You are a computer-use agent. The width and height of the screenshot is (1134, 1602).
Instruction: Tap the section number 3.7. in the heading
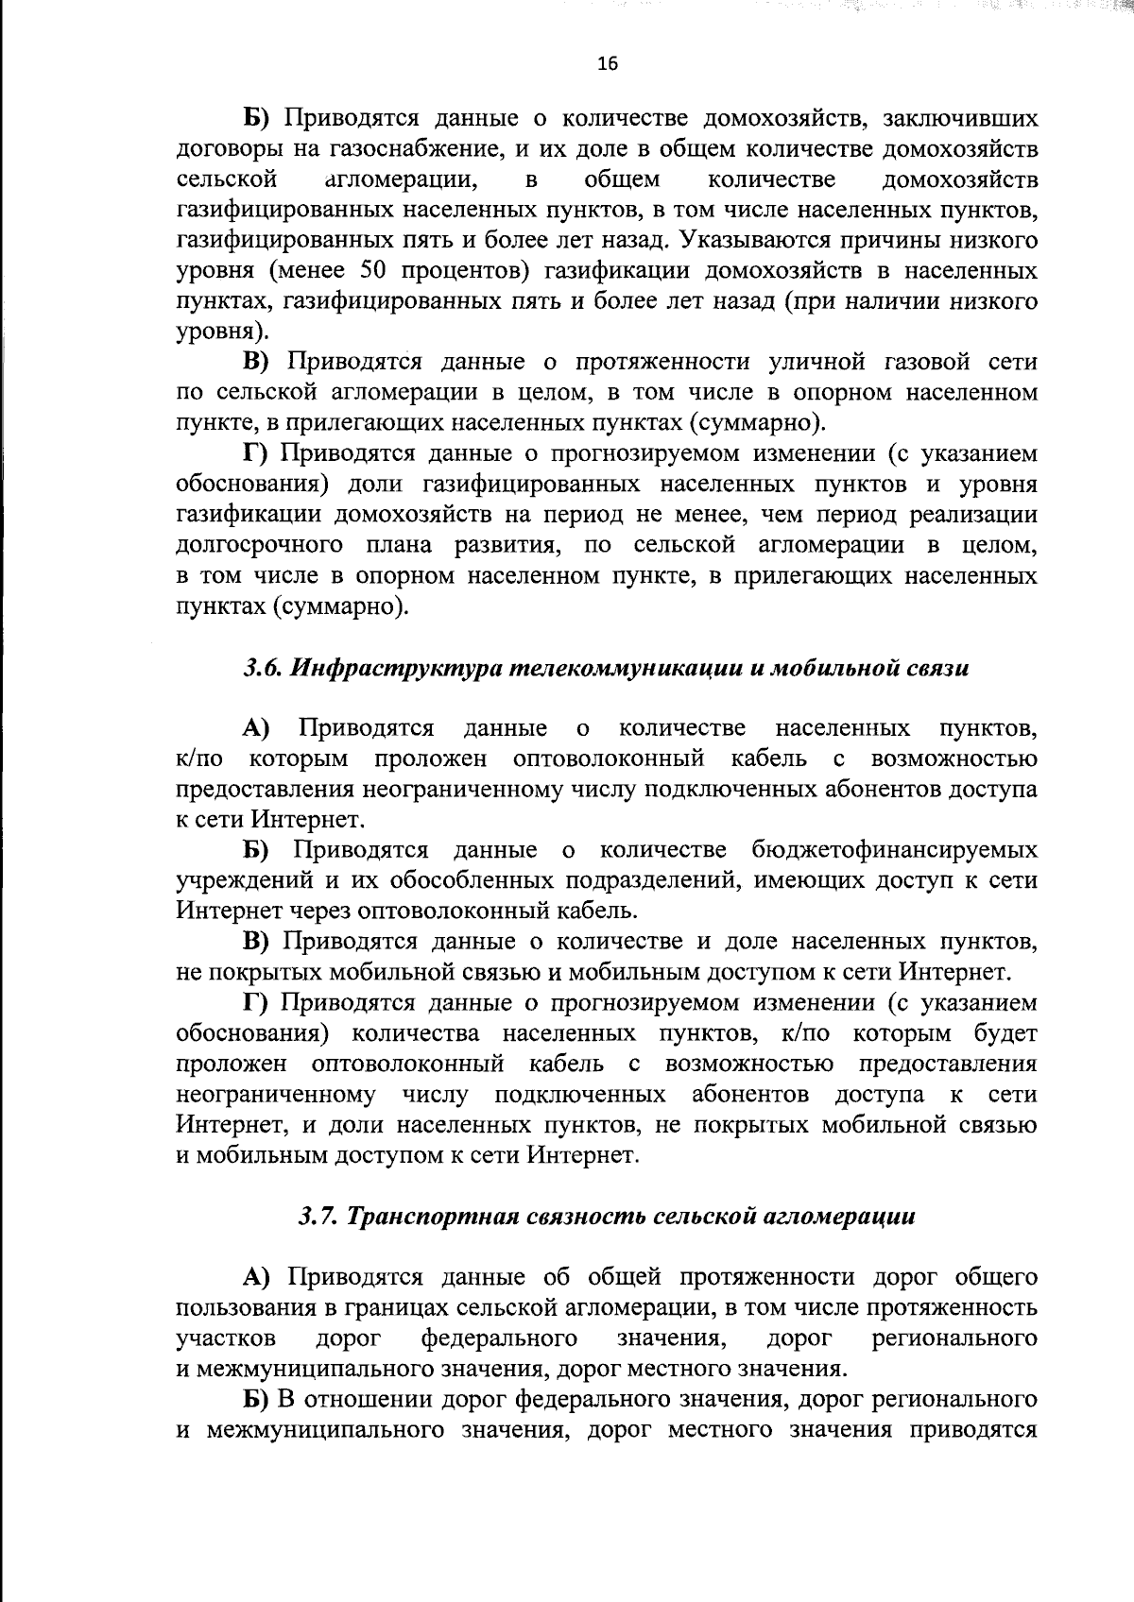[319, 1217]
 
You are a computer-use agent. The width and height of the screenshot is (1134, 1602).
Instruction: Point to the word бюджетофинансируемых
[894, 850]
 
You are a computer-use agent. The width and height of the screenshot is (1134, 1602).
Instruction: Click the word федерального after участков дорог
[499, 1338]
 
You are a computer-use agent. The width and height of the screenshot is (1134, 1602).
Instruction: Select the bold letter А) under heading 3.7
[256, 1278]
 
